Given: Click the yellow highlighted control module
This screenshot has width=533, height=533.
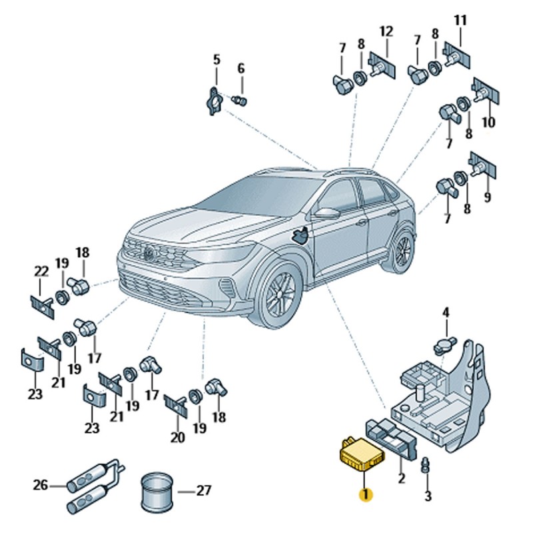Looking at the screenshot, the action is [x=362, y=455].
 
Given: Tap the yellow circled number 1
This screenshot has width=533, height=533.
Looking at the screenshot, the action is [x=366, y=494].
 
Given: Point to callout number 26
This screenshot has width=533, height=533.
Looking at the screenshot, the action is [x=41, y=485].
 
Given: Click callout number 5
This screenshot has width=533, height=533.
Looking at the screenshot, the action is [x=217, y=60].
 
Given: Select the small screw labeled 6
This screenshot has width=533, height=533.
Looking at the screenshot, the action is [x=239, y=101].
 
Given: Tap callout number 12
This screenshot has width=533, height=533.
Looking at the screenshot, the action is [x=386, y=31].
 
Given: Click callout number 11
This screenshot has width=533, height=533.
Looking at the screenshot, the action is [x=460, y=21].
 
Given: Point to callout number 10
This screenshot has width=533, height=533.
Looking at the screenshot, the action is [x=488, y=122].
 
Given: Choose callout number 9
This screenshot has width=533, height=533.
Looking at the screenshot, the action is [x=488, y=197].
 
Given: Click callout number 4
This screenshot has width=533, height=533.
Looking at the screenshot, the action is [x=446, y=312].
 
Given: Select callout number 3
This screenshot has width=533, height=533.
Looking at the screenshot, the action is [x=428, y=496].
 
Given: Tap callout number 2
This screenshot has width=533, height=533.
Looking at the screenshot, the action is [x=402, y=478].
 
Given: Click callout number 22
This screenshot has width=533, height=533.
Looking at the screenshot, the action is [x=41, y=272].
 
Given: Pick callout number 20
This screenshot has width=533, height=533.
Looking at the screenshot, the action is [x=177, y=438].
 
